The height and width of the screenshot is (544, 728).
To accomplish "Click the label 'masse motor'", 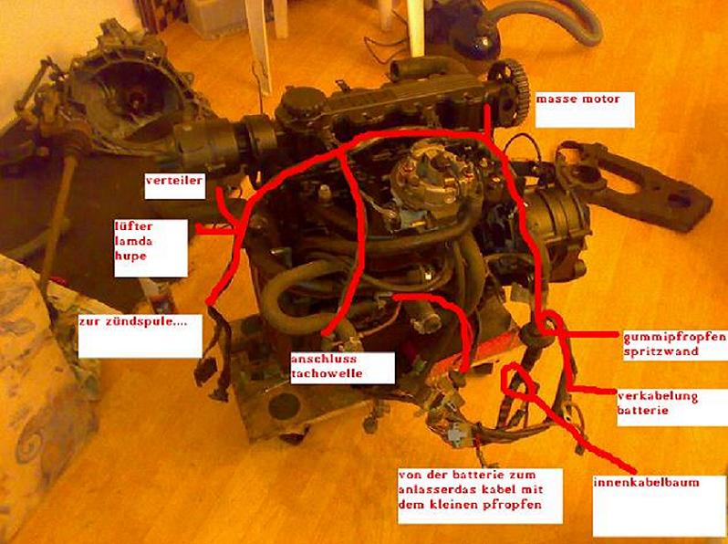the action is pos(578,99).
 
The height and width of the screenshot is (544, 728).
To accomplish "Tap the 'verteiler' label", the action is pos(174,180).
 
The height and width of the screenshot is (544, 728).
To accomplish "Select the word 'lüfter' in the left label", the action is pos(134,226).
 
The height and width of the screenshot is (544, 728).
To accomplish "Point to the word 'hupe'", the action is pos(130,256).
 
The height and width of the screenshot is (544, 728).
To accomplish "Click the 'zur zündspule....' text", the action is pos(133,321).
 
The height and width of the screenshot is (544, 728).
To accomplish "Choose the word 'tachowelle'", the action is pos(327,373).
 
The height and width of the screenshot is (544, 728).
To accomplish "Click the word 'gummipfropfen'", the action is pos(674,338).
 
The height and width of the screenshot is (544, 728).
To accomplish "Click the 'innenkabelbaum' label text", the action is pos(646,482).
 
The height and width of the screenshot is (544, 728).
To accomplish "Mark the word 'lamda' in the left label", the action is pos(133,242).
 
